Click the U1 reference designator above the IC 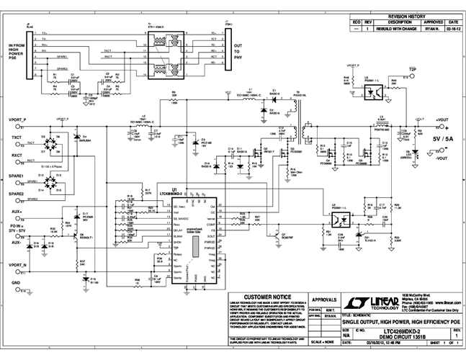point(175,189)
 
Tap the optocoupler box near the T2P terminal point(375,92)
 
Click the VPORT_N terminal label point(16,265)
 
